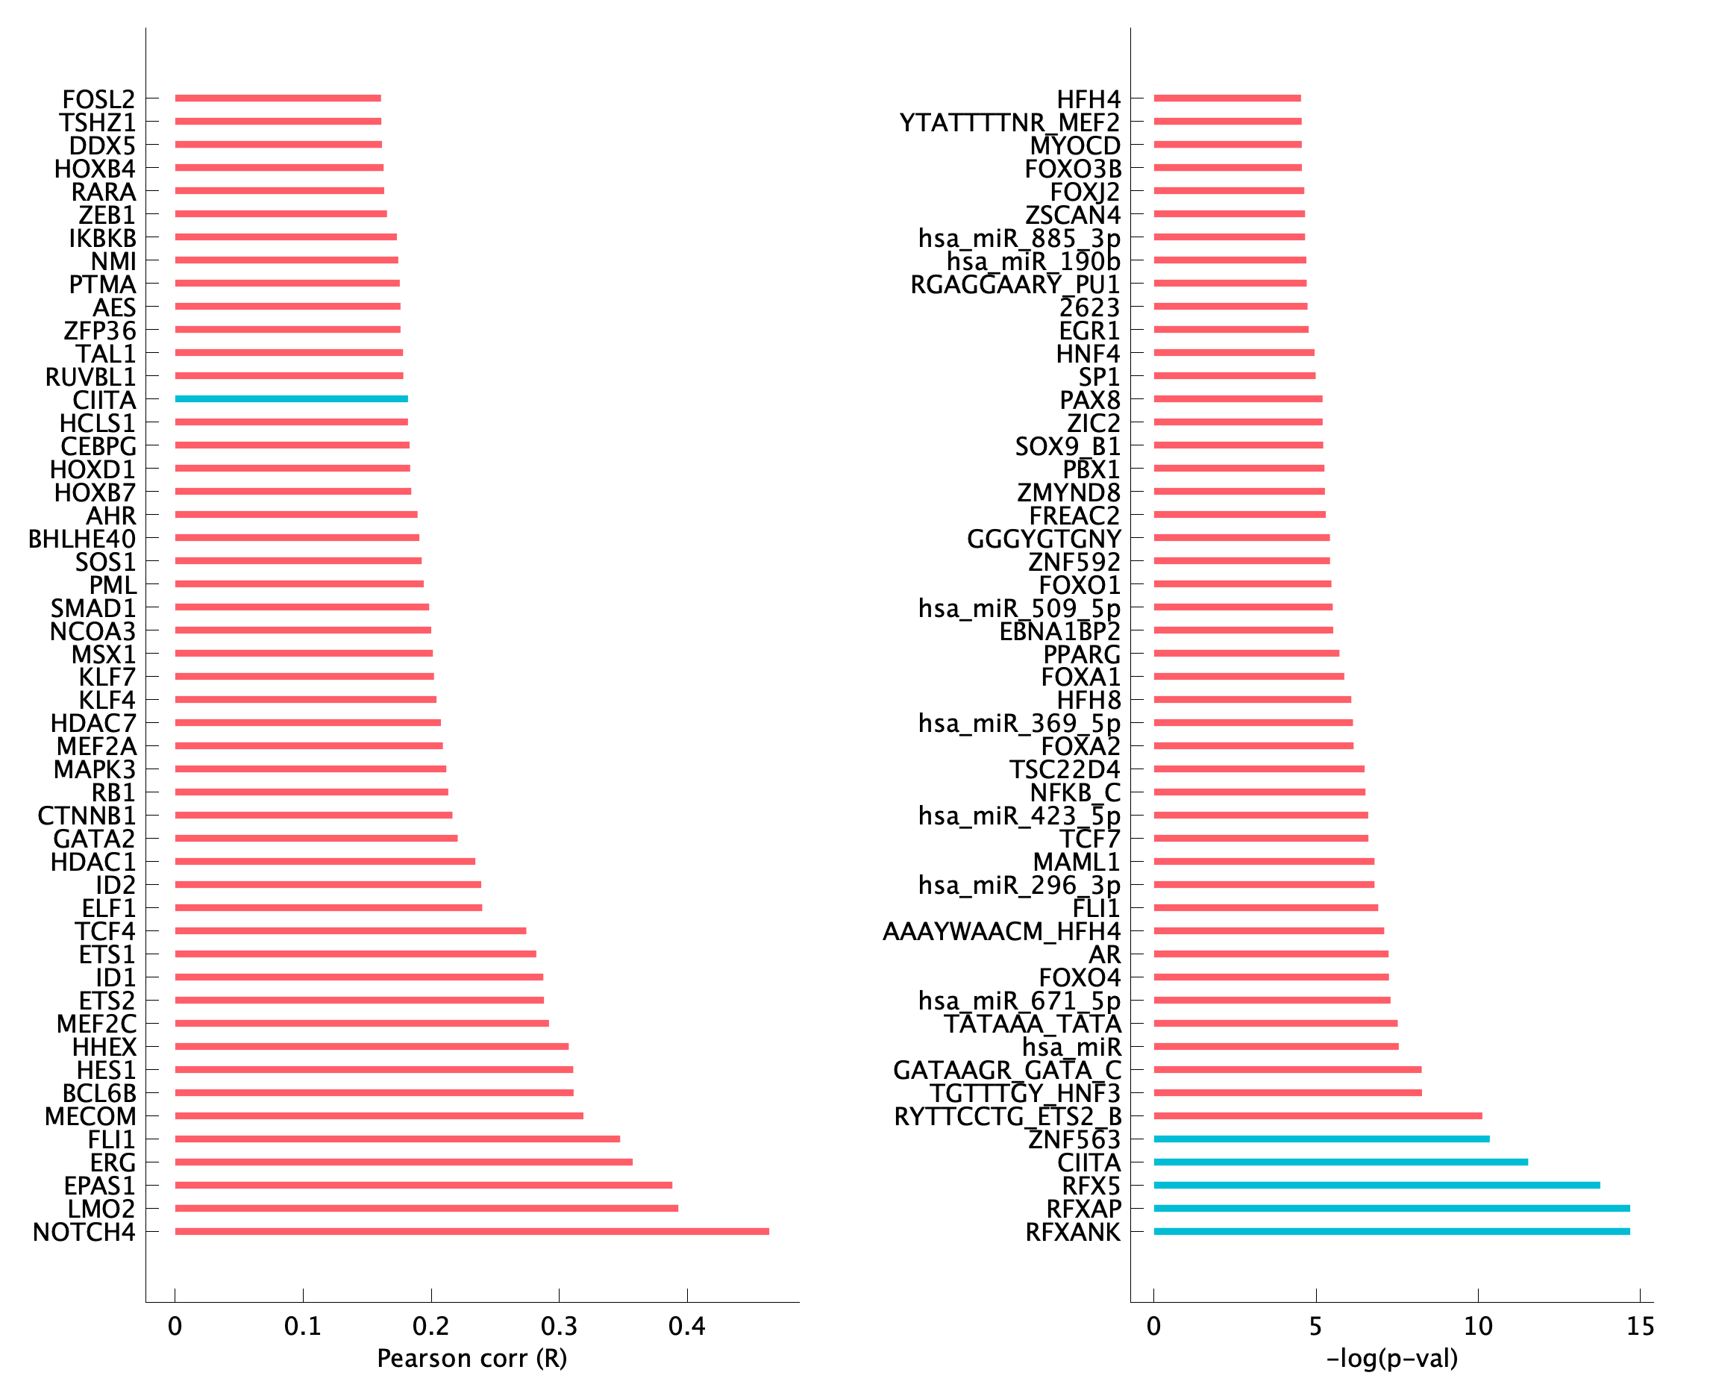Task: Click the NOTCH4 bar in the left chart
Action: click(x=472, y=1231)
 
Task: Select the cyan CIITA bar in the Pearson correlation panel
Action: click(x=291, y=399)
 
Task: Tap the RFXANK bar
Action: click(x=1391, y=1231)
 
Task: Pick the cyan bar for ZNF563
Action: click(x=1321, y=1139)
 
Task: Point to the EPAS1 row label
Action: click(x=100, y=1186)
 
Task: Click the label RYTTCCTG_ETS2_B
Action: click(x=1007, y=1117)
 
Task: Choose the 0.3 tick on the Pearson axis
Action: click(x=560, y=1326)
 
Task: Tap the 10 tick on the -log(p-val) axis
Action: click(x=1478, y=1326)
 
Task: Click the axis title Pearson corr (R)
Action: click(x=472, y=1359)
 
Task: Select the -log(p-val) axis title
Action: click(x=1391, y=1359)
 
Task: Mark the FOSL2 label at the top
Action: click(x=99, y=99)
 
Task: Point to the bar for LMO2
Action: click(x=426, y=1208)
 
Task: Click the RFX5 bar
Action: click(x=1377, y=1186)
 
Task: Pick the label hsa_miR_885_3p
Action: click(x=1019, y=239)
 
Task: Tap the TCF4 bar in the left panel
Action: click(x=351, y=930)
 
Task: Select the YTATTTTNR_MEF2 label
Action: click(x=1009, y=122)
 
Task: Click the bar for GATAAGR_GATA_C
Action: click(x=1288, y=1069)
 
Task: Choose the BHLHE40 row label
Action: click(x=82, y=538)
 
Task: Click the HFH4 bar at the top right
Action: click(x=1227, y=98)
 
